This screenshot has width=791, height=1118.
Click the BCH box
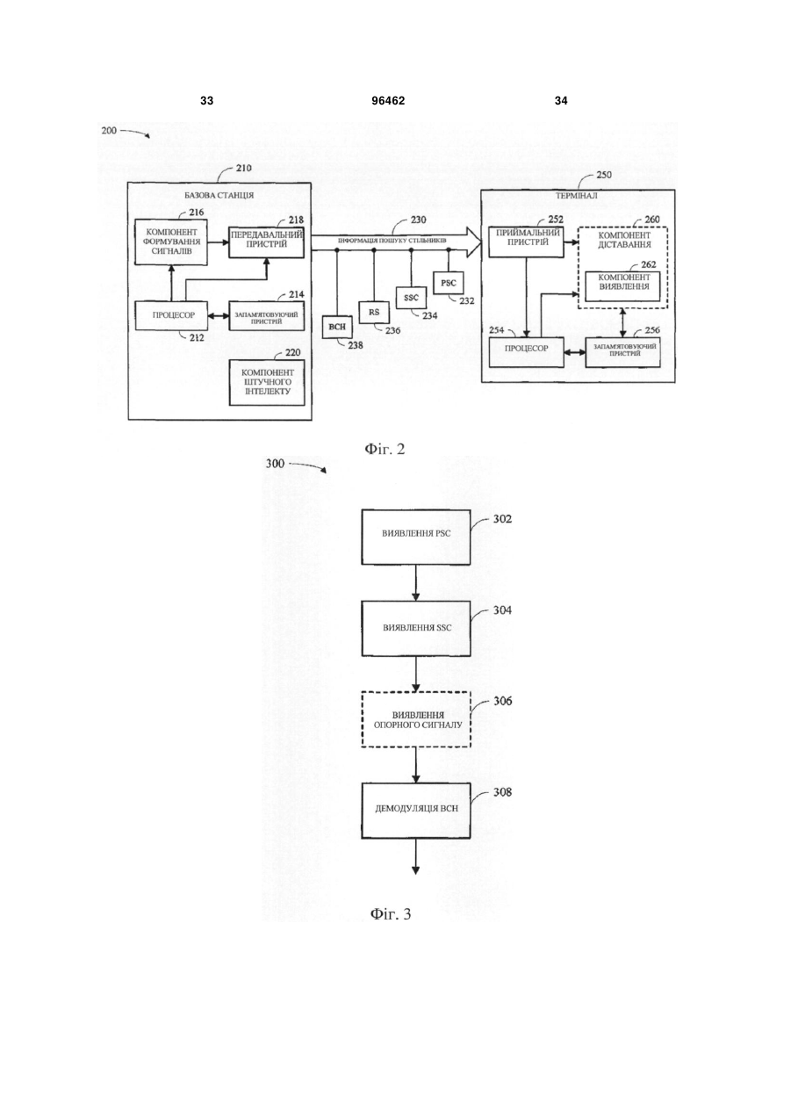337,327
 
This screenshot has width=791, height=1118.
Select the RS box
374,313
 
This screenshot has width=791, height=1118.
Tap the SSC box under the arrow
411,298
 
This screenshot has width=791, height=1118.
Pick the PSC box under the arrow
448,283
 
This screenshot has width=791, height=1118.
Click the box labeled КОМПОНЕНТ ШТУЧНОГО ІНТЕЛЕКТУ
267,382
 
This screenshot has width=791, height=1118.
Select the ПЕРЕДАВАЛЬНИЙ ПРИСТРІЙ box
267,242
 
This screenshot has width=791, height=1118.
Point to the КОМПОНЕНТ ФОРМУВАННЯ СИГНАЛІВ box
171,242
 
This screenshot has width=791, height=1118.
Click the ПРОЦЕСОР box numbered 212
171,315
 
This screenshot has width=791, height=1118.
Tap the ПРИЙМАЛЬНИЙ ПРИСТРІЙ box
527,242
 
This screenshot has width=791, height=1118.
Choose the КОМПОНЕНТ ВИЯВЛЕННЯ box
622,286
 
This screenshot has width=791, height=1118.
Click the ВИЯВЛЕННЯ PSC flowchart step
416,537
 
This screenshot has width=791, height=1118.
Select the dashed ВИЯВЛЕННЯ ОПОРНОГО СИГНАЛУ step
416,719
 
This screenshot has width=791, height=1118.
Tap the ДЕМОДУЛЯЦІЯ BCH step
416,811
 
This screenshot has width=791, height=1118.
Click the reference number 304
502,610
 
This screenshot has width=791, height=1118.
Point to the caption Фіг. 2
385,449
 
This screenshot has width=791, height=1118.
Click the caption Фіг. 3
391,914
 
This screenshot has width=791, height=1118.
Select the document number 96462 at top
388,101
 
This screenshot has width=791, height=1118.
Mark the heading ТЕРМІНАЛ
577,196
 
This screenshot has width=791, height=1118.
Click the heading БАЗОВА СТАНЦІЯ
219,195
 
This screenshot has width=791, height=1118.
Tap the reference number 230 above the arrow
418,220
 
